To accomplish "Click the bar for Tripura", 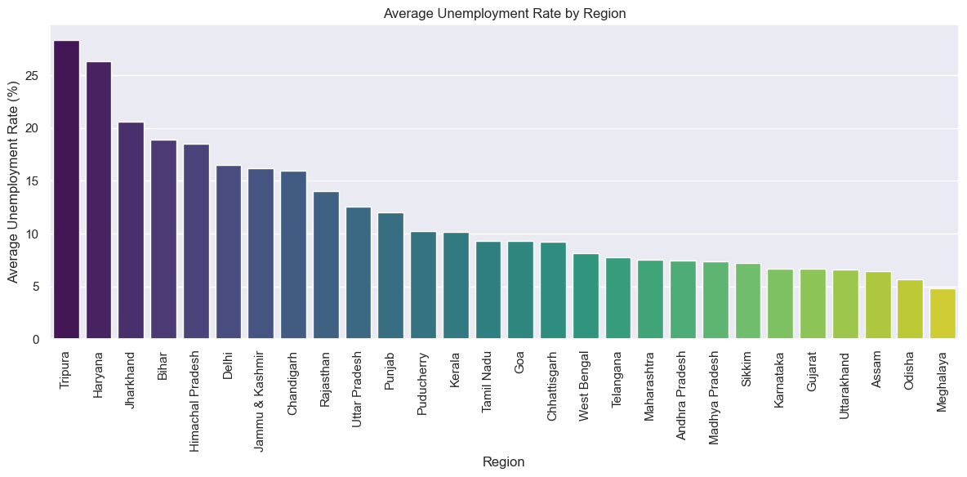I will pyautogui.click(x=66, y=189).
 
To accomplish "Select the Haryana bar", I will pyautogui.click(x=99, y=200).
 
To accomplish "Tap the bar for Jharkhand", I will pyautogui.click(x=131, y=230).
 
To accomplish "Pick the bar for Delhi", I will pyautogui.click(x=229, y=252).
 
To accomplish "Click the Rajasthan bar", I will pyautogui.click(x=326, y=265).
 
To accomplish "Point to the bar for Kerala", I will pyautogui.click(x=456, y=286).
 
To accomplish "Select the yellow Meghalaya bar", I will pyautogui.click(x=942, y=314).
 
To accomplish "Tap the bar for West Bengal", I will pyautogui.click(x=586, y=296).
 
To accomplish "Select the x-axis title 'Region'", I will pyautogui.click(x=504, y=461).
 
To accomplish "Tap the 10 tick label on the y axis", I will pyautogui.click(x=33, y=234).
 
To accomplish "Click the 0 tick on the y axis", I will pyautogui.click(x=37, y=340).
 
